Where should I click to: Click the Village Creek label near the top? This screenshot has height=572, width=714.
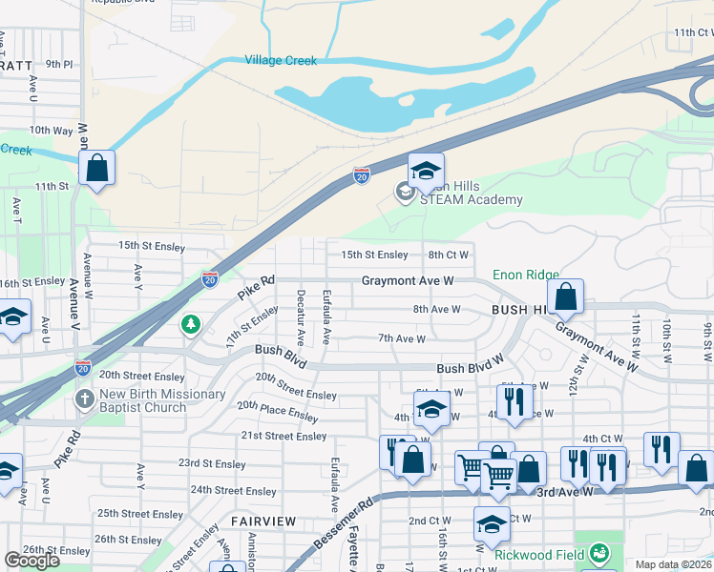281,60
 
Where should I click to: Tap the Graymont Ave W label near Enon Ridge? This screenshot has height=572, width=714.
407,281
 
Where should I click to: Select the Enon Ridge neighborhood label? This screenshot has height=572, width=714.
526,275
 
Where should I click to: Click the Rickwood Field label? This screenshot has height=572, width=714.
540,552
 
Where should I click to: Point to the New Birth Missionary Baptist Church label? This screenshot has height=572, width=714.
143,400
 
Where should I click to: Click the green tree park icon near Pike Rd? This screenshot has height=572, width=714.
192,326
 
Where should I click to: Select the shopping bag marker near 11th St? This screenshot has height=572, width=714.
97,169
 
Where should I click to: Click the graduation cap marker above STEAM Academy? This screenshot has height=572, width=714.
426,172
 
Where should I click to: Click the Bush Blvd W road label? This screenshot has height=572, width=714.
470,368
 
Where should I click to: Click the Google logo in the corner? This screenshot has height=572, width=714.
32,561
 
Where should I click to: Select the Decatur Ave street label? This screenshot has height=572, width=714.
301,317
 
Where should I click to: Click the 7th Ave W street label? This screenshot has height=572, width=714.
401,338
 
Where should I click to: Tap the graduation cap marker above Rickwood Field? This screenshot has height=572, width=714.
492,525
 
